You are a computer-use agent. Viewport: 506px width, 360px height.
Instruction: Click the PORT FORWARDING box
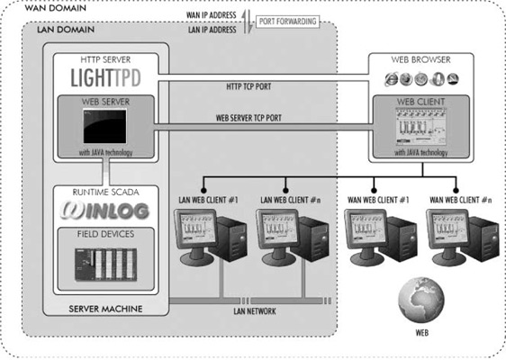tap(287, 22)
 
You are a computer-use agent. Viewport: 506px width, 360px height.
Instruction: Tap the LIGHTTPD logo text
tap(106, 77)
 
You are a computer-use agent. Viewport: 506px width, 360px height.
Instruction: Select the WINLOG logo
tap(105, 211)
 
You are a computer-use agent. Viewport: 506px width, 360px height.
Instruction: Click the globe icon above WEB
tap(420, 300)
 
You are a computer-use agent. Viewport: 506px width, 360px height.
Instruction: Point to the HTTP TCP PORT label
tap(248, 86)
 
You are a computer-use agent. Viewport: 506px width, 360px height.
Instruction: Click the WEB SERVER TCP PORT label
tap(248, 118)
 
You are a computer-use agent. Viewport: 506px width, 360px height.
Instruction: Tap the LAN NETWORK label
tap(255, 311)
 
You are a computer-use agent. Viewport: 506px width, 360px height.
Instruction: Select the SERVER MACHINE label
tap(105, 309)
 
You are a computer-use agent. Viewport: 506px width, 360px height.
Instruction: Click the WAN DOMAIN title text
tap(56, 8)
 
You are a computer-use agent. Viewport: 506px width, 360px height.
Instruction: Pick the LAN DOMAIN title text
tap(66, 30)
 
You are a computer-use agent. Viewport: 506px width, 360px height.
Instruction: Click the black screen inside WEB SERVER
tap(104, 126)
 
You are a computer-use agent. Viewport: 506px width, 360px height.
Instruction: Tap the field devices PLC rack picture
tap(106, 265)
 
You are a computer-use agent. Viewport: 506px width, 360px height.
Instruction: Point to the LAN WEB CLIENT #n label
tap(291, 200)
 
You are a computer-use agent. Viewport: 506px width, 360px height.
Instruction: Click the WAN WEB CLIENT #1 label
tap(378, 200)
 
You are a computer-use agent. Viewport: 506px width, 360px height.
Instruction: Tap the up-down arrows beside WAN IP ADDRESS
tap(247, 22)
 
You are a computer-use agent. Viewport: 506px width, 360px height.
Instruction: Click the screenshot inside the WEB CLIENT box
tap(420, 127)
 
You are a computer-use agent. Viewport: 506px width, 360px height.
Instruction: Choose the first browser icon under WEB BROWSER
tap(391, 79)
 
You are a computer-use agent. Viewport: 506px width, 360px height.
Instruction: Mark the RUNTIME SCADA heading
tap(105, 193)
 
